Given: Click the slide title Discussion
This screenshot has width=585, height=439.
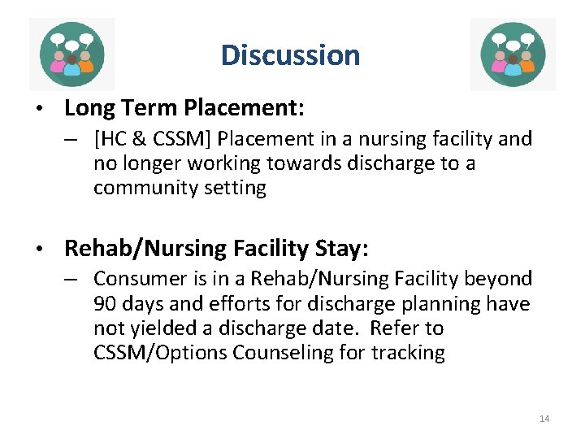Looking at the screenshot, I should [x=290, y=55].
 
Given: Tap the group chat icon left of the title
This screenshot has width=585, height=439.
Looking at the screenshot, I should [x=71, y=54].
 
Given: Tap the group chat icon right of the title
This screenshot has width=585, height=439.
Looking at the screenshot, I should [x=513, y=54].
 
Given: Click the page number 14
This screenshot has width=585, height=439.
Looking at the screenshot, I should [x=544, y=419].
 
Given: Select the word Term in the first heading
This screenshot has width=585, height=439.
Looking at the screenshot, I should [x=152, y=107].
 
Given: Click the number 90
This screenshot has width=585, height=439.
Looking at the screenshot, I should [x=105, y=303].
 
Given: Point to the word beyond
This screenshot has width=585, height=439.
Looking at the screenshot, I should [x=499, y=279].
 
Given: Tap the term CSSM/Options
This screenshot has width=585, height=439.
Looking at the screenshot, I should [x=161, y=353].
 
